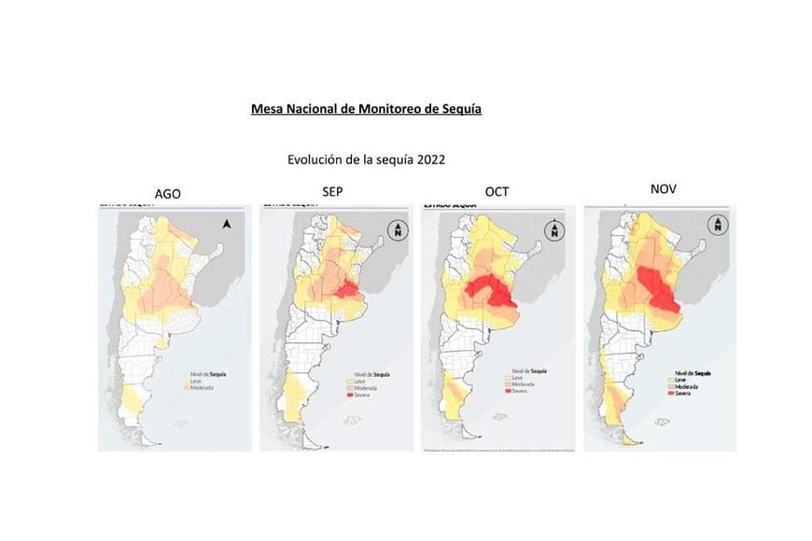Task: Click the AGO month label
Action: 167,194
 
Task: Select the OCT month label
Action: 497,191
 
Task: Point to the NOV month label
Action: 663,189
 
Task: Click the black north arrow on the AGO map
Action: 226,223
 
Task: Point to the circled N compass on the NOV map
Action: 717,225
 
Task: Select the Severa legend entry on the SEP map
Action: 363,396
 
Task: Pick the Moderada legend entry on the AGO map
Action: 199,387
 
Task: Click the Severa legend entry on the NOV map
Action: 689,395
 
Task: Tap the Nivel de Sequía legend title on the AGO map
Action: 199,370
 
